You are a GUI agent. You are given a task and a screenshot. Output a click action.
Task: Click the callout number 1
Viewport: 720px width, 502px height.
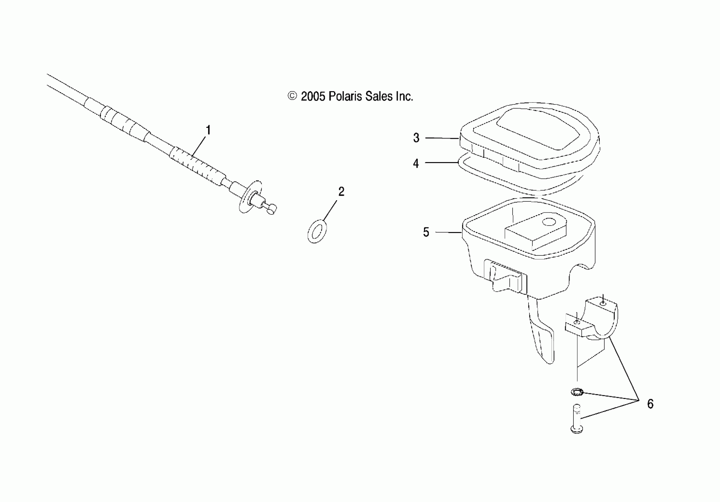(208, 130)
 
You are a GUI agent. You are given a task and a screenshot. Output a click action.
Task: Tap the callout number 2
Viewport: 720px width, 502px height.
(341, 191)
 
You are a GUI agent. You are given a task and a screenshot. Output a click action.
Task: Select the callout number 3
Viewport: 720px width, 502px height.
(416, 138)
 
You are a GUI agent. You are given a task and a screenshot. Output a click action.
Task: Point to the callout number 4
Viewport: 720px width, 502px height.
(416, 163)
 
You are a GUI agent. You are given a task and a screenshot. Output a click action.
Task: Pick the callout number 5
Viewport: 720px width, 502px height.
(426, 232)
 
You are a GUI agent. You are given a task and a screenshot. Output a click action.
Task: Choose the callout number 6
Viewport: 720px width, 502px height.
(650, 404)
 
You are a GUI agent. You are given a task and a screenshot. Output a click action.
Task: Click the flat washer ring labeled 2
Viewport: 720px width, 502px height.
(317, 231)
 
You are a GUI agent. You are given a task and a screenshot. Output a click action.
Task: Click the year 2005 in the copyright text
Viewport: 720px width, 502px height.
(313, 97)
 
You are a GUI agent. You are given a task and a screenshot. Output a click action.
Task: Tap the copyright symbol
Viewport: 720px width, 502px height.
(292, 96)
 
